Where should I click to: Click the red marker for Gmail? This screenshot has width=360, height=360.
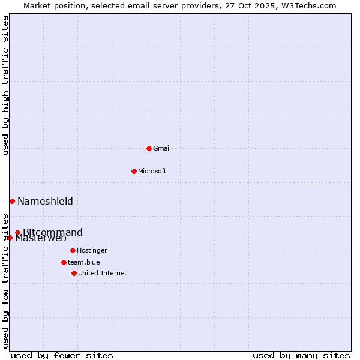[x=149, y=148]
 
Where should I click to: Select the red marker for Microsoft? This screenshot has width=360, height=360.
[x=134, y=171]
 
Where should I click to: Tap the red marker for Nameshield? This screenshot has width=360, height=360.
[x=12, y=201]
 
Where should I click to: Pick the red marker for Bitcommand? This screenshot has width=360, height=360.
[x=17, y=232]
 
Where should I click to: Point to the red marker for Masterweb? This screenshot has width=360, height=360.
[x=10, y=238]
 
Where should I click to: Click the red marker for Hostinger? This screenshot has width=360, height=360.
[x=73, y=250]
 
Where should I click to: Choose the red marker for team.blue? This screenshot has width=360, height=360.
[x=64, y=262]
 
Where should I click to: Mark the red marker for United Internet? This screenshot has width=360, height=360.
[x=74, y=273]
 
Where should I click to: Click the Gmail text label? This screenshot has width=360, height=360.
[x=162, y=148]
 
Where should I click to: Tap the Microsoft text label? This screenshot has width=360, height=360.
[x=152, y=171]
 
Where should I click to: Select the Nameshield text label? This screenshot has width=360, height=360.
[x=45, y=201]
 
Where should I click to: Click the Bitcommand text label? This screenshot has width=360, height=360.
[x=53, y=232]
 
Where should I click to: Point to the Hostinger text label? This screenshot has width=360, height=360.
[x=92, y=250]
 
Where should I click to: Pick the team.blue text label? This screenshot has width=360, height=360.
[x=84, y=262]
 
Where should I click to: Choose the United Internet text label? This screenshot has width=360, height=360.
[x=103, y=273]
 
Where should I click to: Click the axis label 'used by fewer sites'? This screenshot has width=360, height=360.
[x=62, y=355]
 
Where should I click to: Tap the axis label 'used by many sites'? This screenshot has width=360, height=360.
[x=301, y=355]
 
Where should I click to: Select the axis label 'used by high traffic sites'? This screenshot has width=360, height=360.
[x=5, y=85]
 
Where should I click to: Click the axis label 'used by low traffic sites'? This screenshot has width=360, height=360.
[x=5, y=281]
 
